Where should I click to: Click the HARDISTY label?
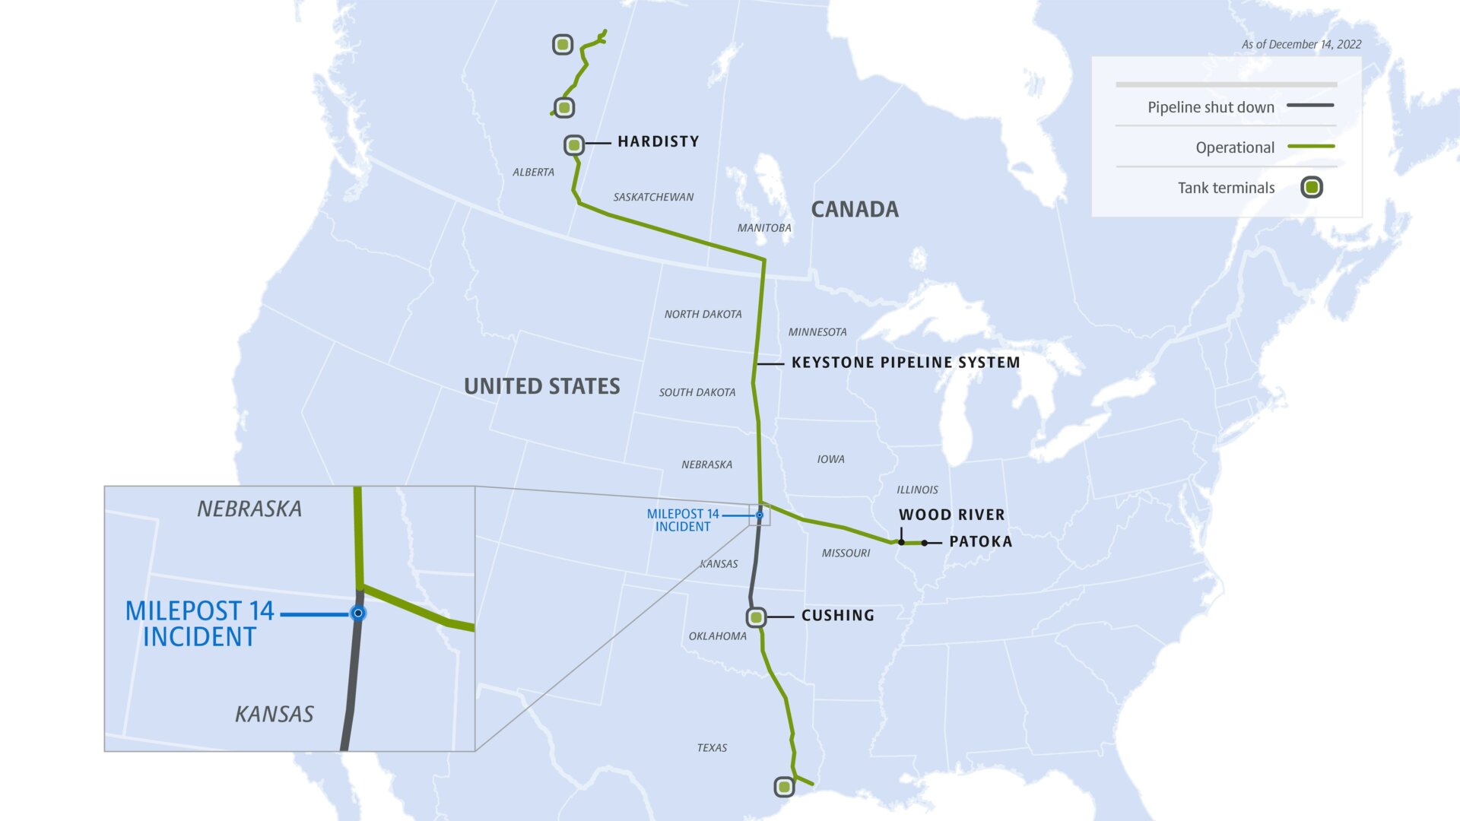(x=658, y=141)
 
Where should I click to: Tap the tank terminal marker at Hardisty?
(x=574, y=144)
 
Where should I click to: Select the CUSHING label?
(x=837, y=616)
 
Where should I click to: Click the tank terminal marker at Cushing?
(x=756, y=617)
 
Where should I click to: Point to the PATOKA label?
(x=980, y=542)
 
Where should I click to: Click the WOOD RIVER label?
(x=951, y=515)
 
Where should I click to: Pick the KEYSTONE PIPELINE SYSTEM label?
(x=906, y=363)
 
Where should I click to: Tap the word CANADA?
(x=855, y=210)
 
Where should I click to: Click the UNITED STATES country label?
(x=542, y=386)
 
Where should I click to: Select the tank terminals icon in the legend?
(x=1312, y=187)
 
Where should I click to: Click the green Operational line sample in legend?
(x=1311, y=146)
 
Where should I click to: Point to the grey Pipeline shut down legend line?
(x=1310, y=105)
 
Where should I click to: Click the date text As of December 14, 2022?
(x=1301, y=44)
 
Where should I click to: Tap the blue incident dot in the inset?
(x=358, y=613)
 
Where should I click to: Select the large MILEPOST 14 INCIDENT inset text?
(x=199, y=623)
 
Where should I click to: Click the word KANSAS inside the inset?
(x=275, y=715)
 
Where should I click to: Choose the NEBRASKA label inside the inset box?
(x=249, y=509)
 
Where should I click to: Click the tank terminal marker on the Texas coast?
(x=784, y=787)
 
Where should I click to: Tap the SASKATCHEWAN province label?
(x=653, y=197)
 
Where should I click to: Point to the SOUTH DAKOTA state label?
(x=697, y=392)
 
